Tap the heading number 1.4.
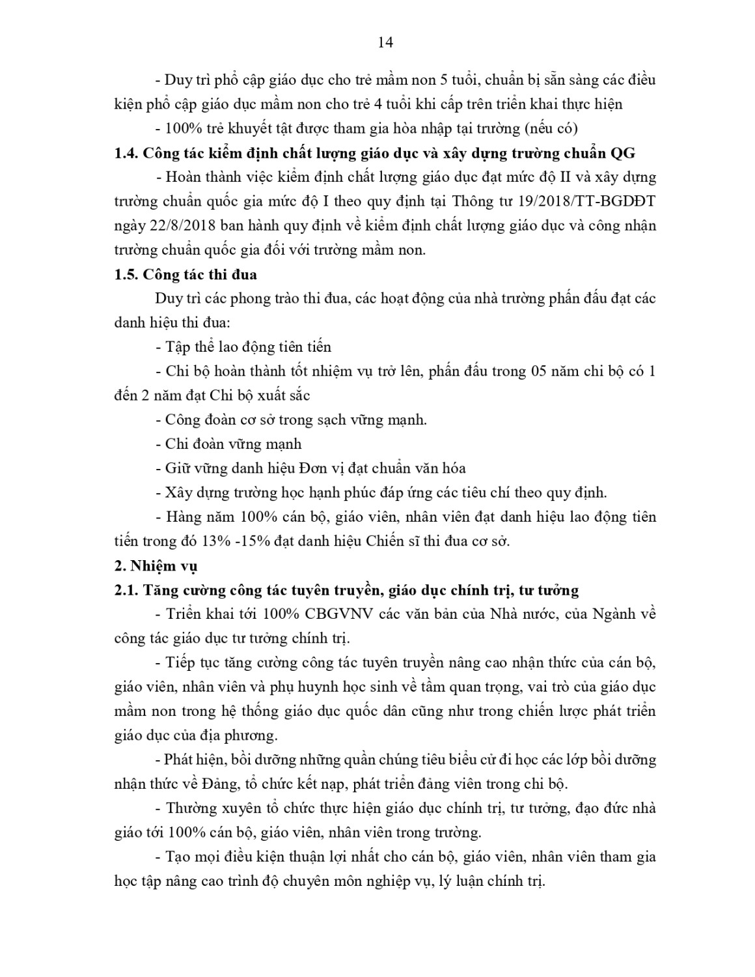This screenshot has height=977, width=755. point(125,153)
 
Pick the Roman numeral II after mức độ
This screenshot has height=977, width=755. point(565,177)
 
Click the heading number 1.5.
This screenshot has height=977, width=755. point(125,274)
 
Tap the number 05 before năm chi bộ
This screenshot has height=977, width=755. point(524,371)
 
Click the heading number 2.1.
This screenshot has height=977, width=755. point(125,590)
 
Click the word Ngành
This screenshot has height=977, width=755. point(614,614)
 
